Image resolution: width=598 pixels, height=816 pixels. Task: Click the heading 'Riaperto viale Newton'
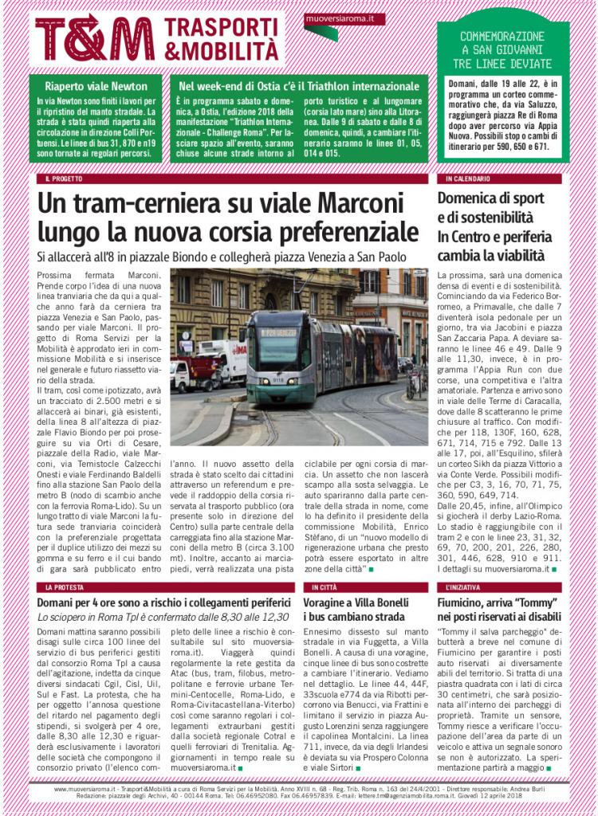click(96, 86)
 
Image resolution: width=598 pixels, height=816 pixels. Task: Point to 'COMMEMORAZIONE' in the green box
click(502, 37)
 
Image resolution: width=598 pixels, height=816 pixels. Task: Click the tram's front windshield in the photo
click(277, 348)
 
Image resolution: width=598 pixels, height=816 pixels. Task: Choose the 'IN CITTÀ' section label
click(324, 587)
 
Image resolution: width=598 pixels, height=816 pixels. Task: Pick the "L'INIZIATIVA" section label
click(463, 587)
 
